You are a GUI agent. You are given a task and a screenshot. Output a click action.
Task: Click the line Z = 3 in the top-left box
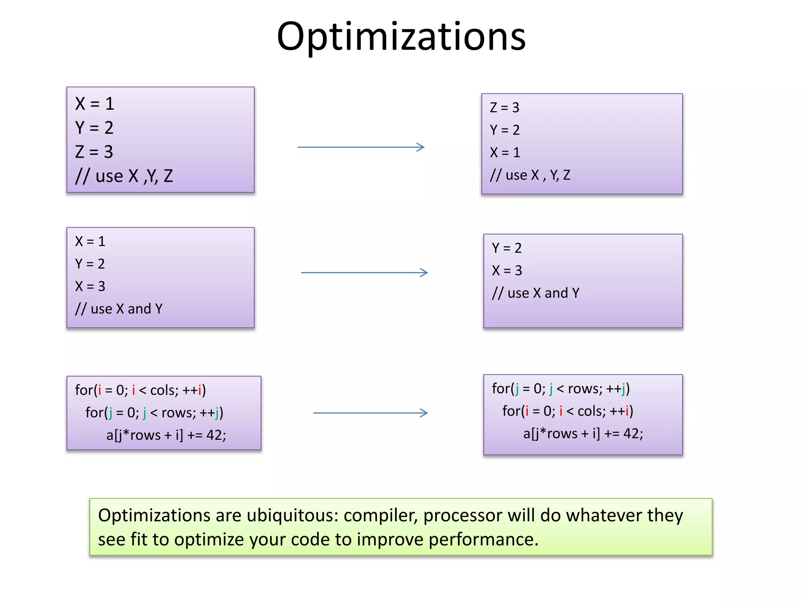click(94, 152)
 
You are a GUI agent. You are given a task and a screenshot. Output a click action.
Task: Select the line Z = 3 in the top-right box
click(504, 107)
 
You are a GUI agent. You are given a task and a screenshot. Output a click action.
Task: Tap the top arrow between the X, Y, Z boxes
click(361, 147)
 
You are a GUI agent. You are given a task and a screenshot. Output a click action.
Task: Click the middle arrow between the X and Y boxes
click(364, 272)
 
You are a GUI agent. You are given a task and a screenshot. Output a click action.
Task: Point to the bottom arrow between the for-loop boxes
click(370, 413)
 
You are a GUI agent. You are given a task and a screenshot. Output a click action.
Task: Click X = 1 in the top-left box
click(94, 104)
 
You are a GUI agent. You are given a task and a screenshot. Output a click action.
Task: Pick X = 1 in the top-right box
click(505, 152)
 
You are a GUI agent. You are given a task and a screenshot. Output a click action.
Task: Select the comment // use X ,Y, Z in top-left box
click(124, 176)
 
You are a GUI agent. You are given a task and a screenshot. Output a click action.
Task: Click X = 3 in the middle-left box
click(90, 286)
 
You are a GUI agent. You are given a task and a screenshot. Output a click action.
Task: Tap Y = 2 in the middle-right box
click(506, 248)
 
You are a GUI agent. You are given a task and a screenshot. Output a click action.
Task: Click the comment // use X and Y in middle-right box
click(535, 293)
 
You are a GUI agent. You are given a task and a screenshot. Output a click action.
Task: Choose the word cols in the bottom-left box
click(164, 390)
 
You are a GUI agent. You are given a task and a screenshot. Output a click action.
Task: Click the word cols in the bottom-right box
click(591, 411)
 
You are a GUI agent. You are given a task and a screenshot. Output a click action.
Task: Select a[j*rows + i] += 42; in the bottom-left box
click(166, 435)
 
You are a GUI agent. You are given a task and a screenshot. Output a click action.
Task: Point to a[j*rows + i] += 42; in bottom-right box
click(583, 433)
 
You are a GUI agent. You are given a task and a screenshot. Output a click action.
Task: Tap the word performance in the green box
click(483, 540)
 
